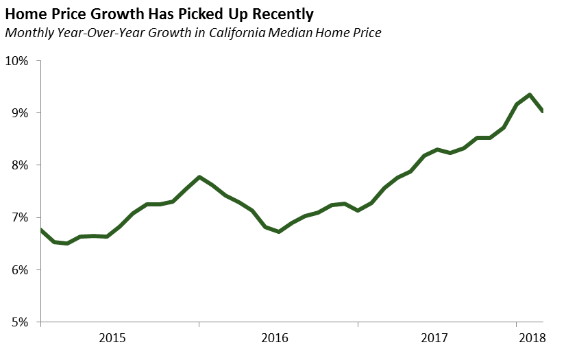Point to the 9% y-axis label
pos(19,112)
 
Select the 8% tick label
pos(19,165)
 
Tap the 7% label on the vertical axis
pos(19,217)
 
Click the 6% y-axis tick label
pos(19,269)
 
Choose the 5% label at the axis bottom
pos(19,322)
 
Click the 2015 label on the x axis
pos(112,337)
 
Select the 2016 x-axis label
pos(274,337)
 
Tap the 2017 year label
pos(435,337)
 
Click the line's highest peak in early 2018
pos(530,95)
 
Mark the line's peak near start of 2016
pos(199,177)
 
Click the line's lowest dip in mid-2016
pos(279,232)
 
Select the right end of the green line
pos(543,111)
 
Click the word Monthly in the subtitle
pos(27,32)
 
